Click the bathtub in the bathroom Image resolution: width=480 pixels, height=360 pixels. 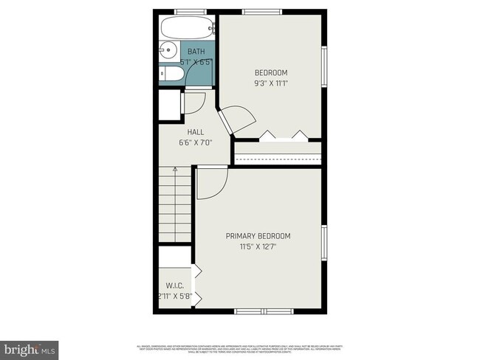point(187,29)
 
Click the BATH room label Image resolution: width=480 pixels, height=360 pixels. point(196,52)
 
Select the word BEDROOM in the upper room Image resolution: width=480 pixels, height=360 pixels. point(271,72)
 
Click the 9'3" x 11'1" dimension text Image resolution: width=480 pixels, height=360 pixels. point(271,83)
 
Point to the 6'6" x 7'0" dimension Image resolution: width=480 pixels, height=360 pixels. point(196,142)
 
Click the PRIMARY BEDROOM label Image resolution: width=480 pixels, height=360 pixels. point(258,236)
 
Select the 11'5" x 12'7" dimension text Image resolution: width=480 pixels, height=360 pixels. point(258,246)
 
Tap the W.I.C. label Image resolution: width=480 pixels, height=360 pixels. point(174,285)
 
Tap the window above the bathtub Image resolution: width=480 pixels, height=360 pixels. point(191,11)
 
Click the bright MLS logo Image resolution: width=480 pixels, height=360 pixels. point(30,347)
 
